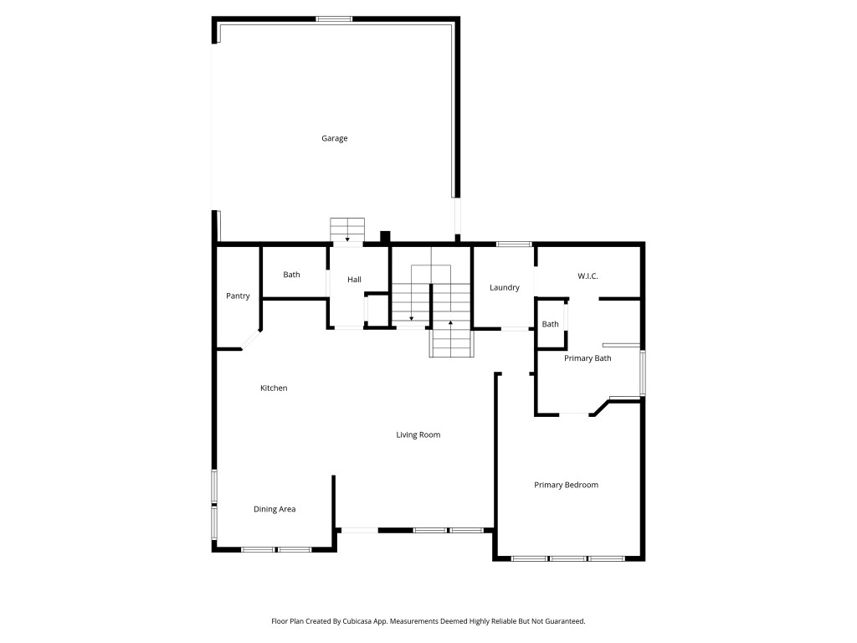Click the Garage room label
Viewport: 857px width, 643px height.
click(334, 138)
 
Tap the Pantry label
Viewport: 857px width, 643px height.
click(238, 296)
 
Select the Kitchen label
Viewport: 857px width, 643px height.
click(274, 388)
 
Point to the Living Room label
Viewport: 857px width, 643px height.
click(418, 435)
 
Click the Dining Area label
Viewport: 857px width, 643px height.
click(275, 509)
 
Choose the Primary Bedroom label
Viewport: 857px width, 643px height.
click(567, 485)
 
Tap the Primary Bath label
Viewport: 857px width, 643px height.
click(588, 358)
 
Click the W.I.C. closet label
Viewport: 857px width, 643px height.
click(588, 276)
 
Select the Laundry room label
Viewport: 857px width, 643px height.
click(504, 288)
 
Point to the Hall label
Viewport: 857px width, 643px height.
click(354, 280)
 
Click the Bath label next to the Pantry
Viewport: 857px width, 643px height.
click(291, 275)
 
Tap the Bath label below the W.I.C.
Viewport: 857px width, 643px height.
click(550, 324)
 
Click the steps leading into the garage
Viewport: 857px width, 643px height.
click(347, 229)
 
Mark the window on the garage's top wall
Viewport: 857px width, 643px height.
click(334, 19)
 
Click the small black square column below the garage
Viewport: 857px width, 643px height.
click(385, 236)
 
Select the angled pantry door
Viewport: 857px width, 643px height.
click(251, 340)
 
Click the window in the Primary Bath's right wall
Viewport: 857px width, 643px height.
click(643, 373)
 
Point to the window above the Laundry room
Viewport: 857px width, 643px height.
click(514, 244)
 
